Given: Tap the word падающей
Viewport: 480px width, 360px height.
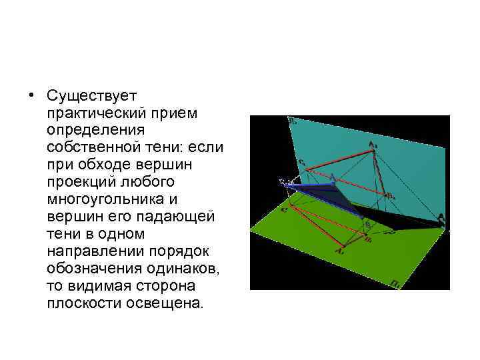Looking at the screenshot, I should (x=172, y=217).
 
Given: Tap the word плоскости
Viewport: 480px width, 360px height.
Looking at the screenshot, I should (x=83, y=303).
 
